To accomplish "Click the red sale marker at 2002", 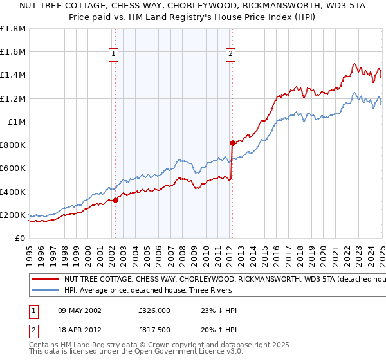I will click(x=116, y=200).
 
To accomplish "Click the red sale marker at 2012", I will click(x=232, y=143).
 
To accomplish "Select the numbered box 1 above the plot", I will click(x=113, y=55).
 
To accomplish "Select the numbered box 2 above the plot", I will click(x=230, y=55).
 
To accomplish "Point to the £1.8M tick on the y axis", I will click(x=14, y=29).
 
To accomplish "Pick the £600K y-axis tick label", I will click(x=14, y=168).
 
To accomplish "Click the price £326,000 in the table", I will click(x=154, y=310).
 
